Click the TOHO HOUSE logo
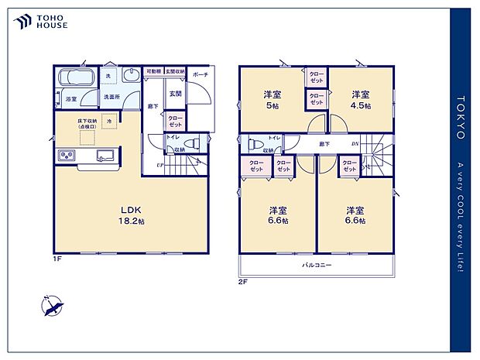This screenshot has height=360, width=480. pyautogui.click(x=41, y=22)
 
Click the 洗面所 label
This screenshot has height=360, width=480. pyautogui.click(x=112, y=96)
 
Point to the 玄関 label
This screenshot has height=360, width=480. pyautogui.click(x=175, y=94)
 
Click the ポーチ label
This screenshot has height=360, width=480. pyautogui.click(x=201, y=75)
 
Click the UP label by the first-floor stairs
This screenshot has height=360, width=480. pyautogui.click(x=160, y=165)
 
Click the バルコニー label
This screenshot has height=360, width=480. pyautogui.click(x=317, y=266)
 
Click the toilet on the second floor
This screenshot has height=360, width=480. pyautogui.click(x=253, y=144)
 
